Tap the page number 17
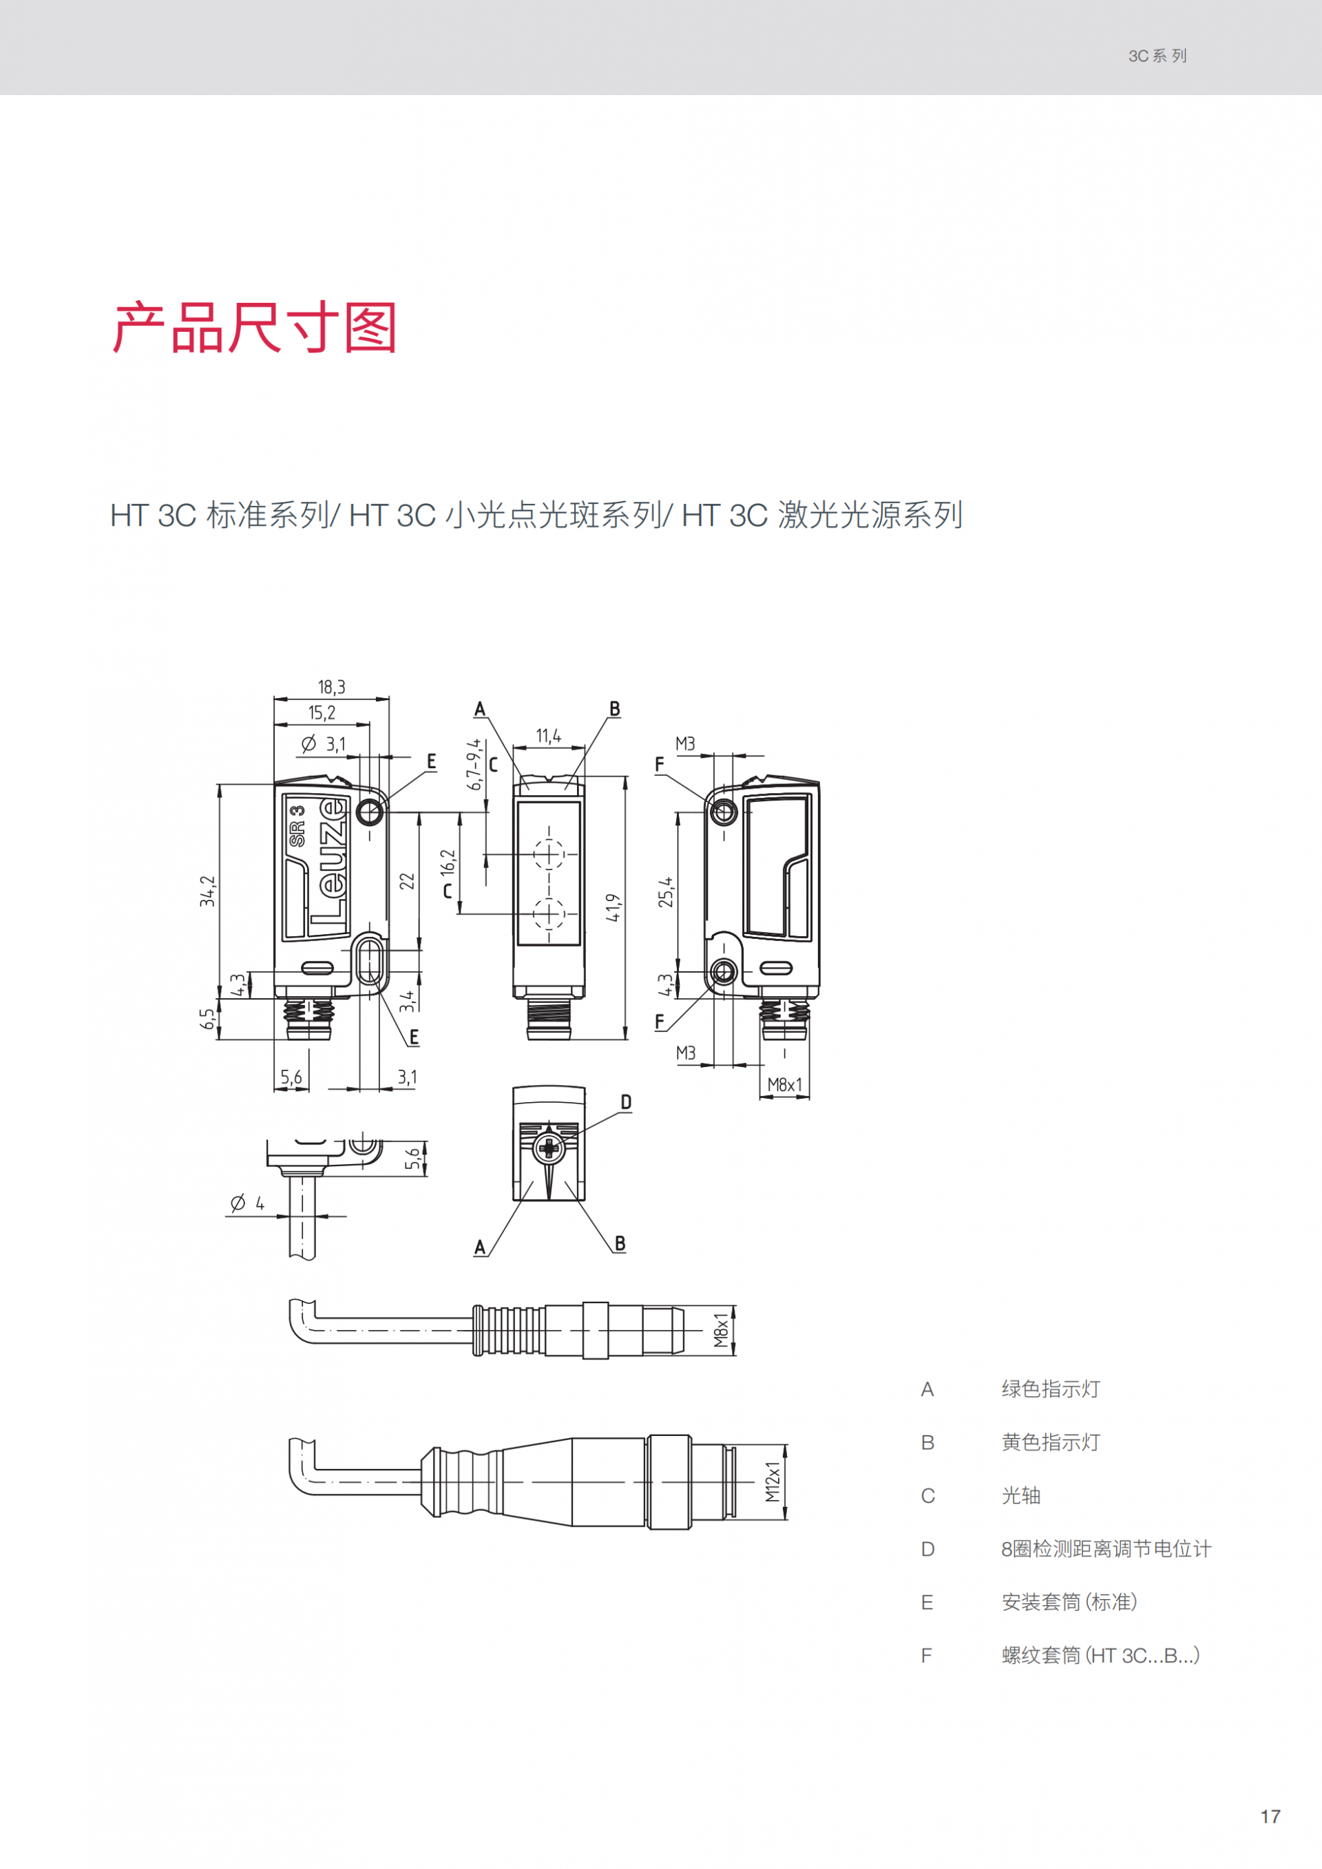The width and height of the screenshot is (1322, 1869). tap(1270, 1816)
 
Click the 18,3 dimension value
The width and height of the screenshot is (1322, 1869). tap(331, 687)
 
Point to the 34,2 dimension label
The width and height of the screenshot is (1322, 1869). tap(209, 891)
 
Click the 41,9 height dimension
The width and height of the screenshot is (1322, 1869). tap(613, 907)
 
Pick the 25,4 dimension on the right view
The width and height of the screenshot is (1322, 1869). tap(666, 892)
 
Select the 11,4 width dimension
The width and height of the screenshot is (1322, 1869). tap(548, 736)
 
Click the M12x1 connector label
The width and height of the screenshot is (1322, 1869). tap(773, 1481)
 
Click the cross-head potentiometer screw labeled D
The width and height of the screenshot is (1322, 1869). tap(549, 1148)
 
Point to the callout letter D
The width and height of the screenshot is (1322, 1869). tap(625, 1102)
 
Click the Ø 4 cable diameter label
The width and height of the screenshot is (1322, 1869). tap(247, 1203)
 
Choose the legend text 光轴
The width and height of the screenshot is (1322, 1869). tap(1021, 1495)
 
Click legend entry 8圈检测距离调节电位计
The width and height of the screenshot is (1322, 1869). tap(1106, 1549)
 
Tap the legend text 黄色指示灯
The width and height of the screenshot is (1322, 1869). tap(1050, 1442)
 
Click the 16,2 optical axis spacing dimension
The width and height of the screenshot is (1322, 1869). tap(448, 863)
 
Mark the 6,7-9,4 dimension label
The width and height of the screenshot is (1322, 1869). tap(473, 764)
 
